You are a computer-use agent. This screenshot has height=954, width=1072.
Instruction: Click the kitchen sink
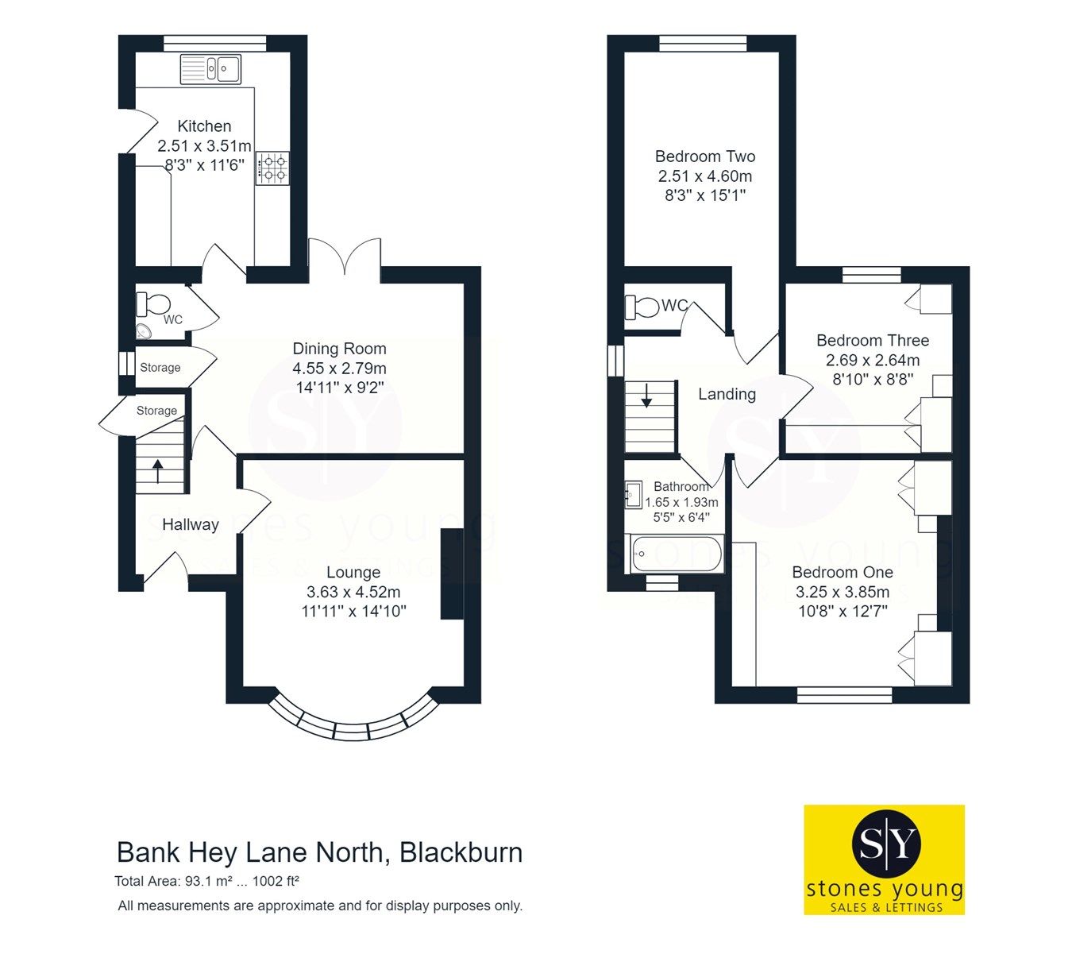point(210,69)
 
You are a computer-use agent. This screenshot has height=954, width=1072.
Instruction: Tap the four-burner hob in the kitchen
point(272,168)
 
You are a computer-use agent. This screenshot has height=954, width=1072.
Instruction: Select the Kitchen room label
point(204,126)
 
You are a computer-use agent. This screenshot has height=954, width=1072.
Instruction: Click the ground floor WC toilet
point(153,303)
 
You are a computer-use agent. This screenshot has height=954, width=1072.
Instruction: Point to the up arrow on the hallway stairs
point(157,471)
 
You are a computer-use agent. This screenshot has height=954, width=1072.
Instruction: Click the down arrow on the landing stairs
point(646,395)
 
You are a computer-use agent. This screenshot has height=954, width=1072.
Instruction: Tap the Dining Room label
point(339,349)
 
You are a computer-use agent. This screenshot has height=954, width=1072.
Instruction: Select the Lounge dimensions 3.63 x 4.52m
point(353,592)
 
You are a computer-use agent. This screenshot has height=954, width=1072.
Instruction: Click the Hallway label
point(190,524)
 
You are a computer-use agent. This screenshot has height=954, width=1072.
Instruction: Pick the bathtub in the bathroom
point(677,554)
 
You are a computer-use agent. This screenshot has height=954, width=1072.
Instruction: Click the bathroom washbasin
point(634,495)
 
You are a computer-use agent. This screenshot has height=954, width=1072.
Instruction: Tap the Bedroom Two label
point(704,156)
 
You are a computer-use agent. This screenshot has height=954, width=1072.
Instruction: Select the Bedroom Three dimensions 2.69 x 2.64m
point(873,361)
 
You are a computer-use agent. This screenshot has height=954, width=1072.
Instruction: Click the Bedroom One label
point(842,572)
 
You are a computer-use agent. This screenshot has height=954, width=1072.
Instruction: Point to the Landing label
point(727,394)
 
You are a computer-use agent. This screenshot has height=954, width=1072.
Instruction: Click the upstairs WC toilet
point(642,306)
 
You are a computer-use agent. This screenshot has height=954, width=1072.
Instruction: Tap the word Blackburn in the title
point(461,852)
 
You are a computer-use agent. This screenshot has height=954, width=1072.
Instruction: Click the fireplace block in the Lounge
point(452,574)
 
